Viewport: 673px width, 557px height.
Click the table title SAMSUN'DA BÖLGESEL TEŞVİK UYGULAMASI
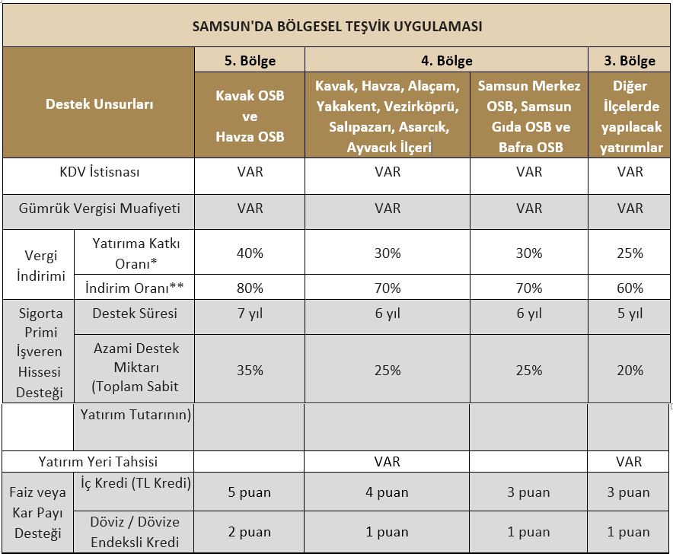[337, 26]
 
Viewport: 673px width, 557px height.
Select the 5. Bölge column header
[250, 61]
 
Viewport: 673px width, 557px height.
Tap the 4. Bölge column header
[446, 61]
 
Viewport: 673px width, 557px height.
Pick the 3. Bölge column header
[629, 61]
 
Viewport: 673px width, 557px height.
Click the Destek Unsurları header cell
[99, 103]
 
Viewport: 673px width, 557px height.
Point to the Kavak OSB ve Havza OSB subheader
[250, 116]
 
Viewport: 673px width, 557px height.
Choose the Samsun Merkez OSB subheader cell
[529, 116]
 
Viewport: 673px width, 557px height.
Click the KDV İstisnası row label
[99, 172]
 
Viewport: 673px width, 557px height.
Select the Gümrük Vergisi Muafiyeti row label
[99, 208]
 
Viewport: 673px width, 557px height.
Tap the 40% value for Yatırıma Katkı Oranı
[250, 253]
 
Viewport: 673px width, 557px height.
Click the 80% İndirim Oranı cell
[250, 288]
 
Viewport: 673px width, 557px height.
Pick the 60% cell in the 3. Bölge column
[630, 288]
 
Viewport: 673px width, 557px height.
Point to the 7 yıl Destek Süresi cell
[250, 314]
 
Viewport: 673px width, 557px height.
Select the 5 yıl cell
[630, 314]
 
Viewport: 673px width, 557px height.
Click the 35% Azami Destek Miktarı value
[250, 371]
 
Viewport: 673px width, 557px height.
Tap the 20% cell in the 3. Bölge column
[630, 371]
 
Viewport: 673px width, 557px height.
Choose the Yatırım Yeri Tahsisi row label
[98, 462]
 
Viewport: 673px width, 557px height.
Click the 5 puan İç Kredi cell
[250, 492]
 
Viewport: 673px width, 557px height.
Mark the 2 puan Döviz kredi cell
[250, 532]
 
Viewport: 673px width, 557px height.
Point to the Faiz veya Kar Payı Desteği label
[38, 513]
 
